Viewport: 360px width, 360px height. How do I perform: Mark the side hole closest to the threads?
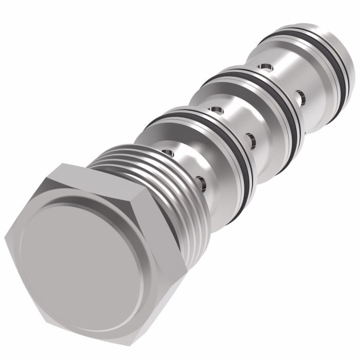[x=201, y=181]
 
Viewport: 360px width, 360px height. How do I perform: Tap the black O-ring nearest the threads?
[x=242, y=154]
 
